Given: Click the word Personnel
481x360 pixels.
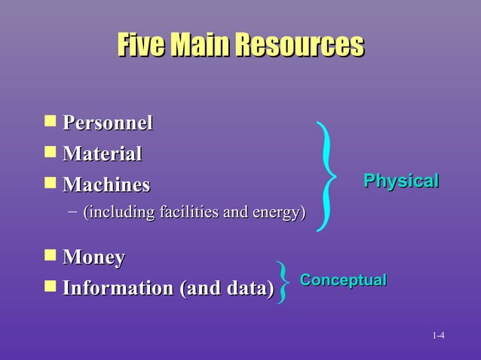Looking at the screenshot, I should [x=108, y=123].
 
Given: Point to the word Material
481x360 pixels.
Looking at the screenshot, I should [x=103, y=154].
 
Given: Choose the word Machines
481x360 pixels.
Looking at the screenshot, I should [x=106, y=185].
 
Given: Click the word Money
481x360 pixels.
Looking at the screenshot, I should [x=93, y=258].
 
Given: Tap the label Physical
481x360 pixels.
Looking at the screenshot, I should [x=400, y=182].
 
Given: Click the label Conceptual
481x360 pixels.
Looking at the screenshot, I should [x=343, y=280].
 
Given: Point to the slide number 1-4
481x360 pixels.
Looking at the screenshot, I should [x=438, y=335].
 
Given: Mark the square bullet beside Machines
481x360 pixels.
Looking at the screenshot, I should [x=50, y=182].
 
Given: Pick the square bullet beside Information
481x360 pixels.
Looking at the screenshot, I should [x=50, y=286].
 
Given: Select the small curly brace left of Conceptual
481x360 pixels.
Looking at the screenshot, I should [x=283, y=282].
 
